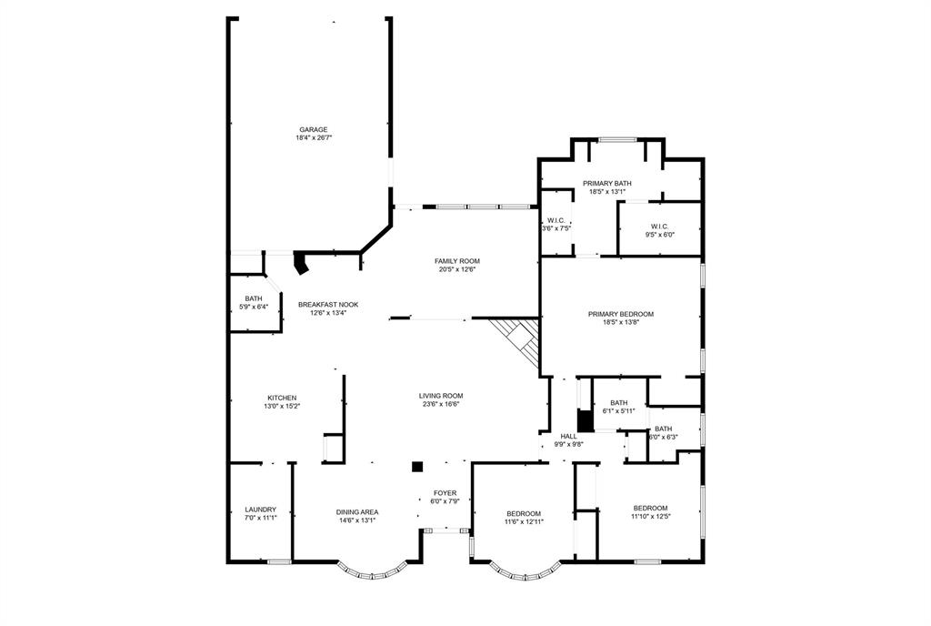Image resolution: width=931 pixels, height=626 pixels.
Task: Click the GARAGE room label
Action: tap(314, 129)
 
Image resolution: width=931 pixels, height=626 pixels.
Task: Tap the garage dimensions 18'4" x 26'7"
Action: tap(314, 138)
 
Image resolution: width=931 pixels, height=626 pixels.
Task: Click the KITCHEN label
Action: tap(282, 398)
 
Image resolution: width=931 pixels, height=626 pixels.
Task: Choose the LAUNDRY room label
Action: tap(261, 510)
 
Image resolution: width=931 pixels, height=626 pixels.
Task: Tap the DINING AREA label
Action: tap(357, 512)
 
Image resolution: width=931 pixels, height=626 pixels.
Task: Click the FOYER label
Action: tap(445, 492)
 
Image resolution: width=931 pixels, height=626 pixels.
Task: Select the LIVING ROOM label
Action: tap(441, 396)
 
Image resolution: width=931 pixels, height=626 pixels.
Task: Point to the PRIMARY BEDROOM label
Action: tap(621, 314)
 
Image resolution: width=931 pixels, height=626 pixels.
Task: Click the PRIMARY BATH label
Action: tap(607, 183)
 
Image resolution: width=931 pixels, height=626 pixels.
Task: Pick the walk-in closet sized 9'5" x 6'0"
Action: tap(660, 230)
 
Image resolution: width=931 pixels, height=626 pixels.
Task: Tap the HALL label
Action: tap(569, 437)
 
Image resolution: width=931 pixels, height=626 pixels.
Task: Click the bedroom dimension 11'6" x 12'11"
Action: tap(524, 522)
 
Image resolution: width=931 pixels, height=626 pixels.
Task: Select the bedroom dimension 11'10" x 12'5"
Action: tap(651, 517)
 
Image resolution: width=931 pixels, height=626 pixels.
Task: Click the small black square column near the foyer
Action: tap(417, 467)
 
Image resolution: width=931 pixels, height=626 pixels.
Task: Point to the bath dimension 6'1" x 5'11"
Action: tap(619, 411)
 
